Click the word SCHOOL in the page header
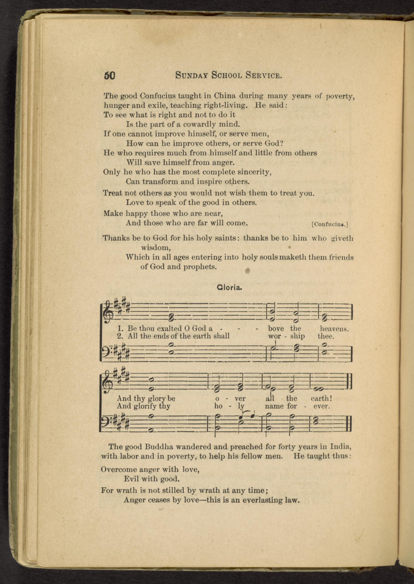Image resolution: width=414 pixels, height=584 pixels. pos(227,76)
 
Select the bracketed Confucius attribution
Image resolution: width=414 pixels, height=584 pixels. pos(330,224)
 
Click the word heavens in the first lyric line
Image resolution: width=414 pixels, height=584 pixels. pos(334,329)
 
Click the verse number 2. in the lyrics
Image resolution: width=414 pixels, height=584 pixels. pos(120,336)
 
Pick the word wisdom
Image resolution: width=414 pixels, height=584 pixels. pos(156,248)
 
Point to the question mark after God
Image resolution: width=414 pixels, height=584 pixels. pos(282,143)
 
